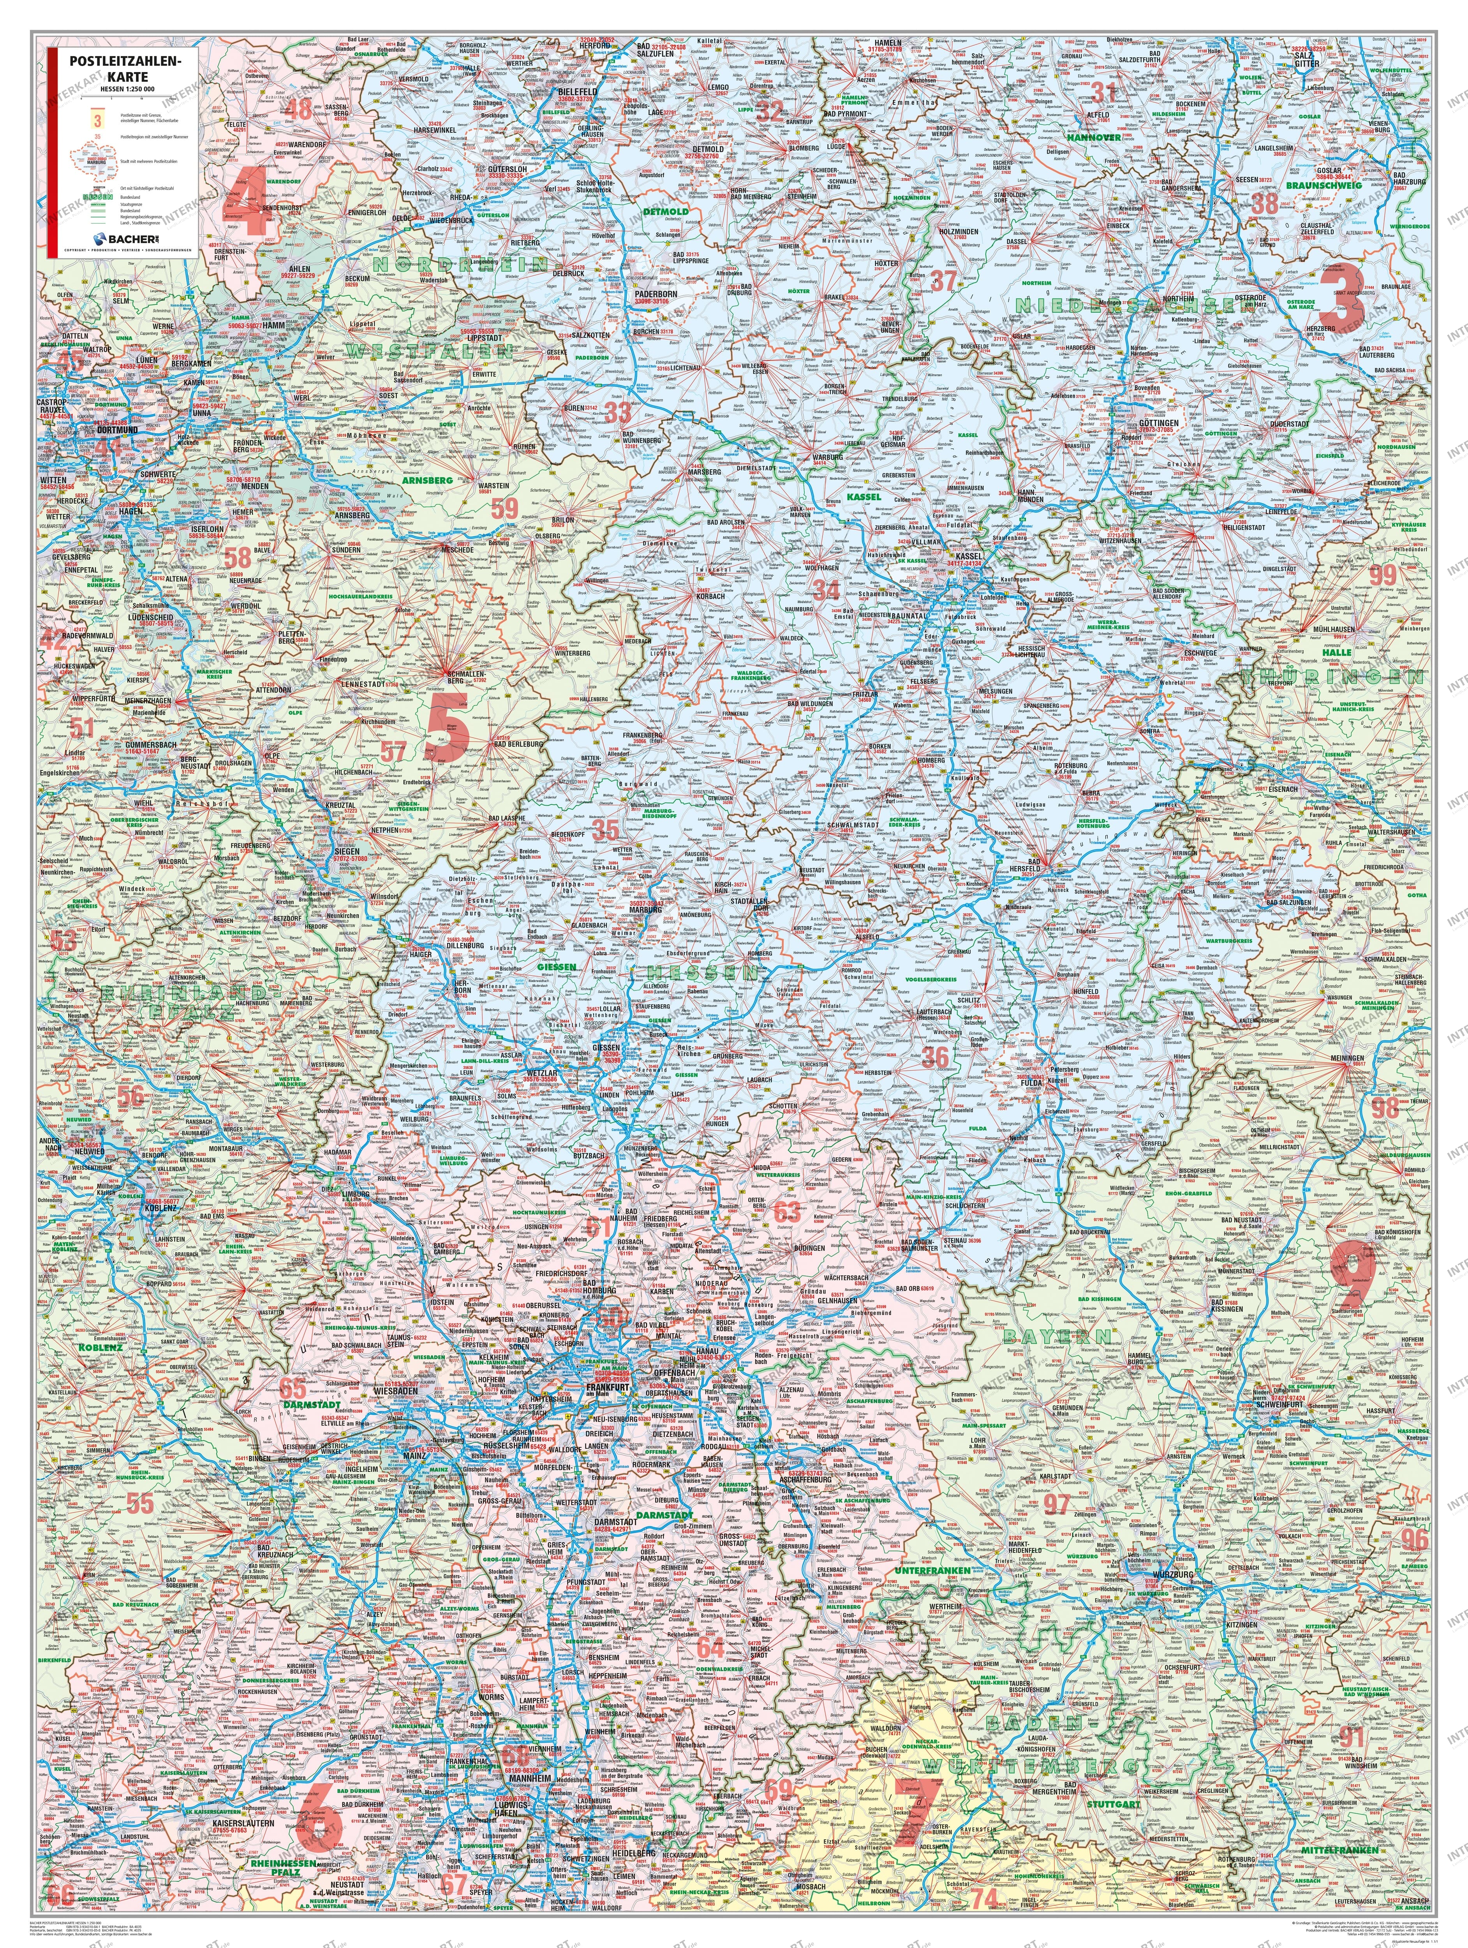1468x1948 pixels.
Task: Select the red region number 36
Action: pyautogui.click(x=935, y=1056)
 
